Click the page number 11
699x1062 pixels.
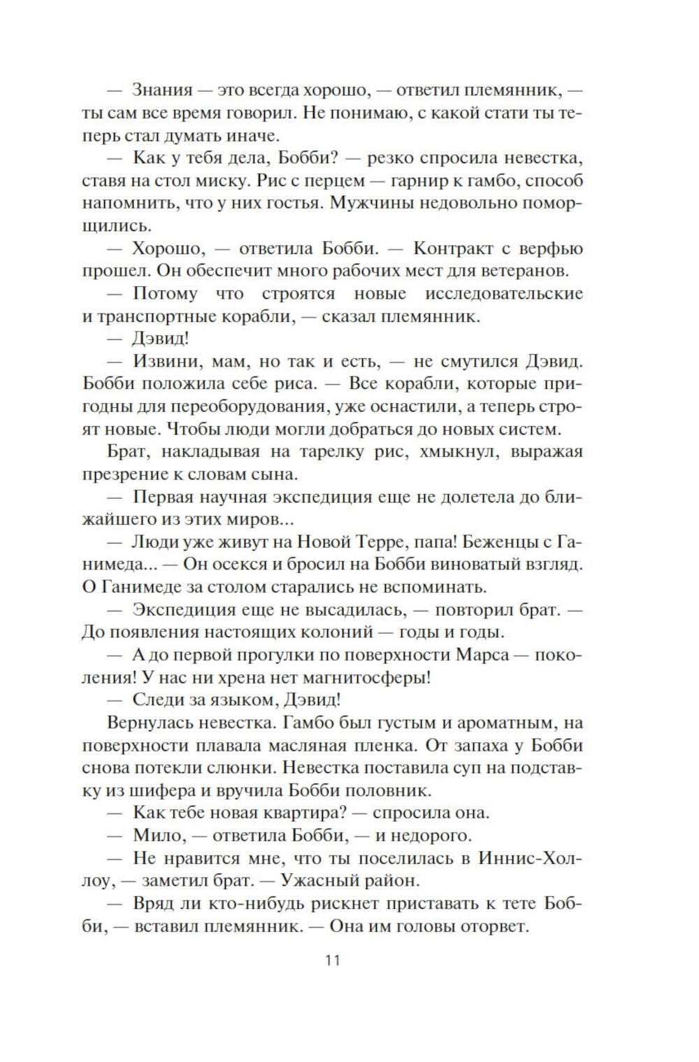(x=333, y=960)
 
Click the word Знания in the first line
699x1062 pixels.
(x=162, y=90)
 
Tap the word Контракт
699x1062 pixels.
(x=454, y=248)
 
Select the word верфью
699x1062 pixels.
(x=552, y=248)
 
